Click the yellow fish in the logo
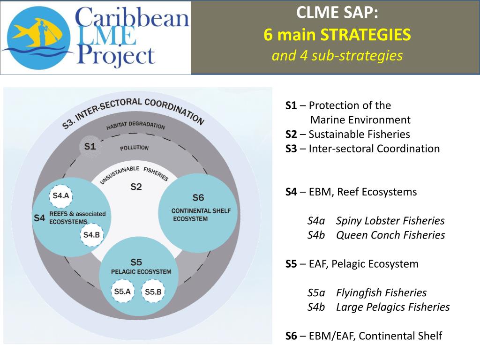(29, 34)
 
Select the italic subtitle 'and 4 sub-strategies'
(337, 56)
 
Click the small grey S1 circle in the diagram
(90, 146)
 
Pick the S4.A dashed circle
(61, 195)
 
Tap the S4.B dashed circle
(91, 235)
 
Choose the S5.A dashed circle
(122, 291)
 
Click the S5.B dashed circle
(153, 292)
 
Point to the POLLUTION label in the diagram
(134, 148)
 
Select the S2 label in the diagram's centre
(136, 187)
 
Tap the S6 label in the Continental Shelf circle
(198, 197)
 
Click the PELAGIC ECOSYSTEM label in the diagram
(141, 272)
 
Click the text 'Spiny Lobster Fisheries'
(390, 221)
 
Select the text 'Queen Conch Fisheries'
(390, 235)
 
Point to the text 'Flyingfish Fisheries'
(381, 293)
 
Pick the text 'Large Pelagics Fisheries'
(392, 307)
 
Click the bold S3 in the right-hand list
(291, 149)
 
